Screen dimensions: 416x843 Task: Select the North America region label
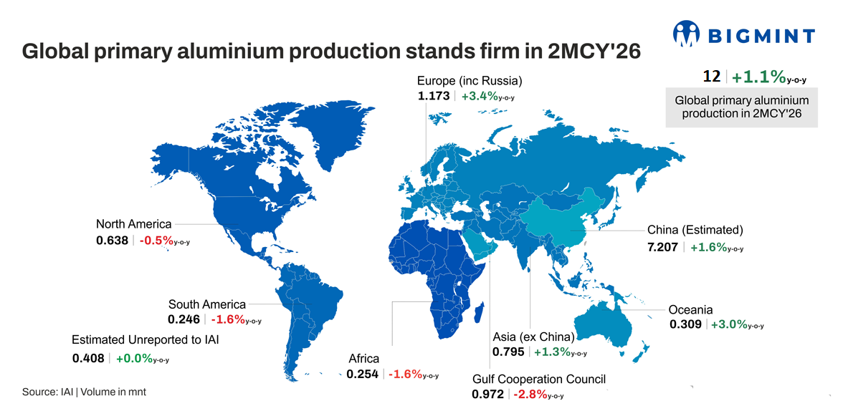pos(134,224)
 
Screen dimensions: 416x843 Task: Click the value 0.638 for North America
pos(112,241)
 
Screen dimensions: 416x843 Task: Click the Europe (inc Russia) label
pos(470,80)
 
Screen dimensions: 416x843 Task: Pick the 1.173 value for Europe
pos(434,95)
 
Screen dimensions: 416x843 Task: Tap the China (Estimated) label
pos(695,230)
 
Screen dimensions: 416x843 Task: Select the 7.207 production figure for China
pos(662,246)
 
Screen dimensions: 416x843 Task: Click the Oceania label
pos(690,309)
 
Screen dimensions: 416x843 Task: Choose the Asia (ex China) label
pos(533,337)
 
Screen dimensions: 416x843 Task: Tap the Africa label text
pos(363,358)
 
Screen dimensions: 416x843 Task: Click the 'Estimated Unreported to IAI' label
pos(146,339)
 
